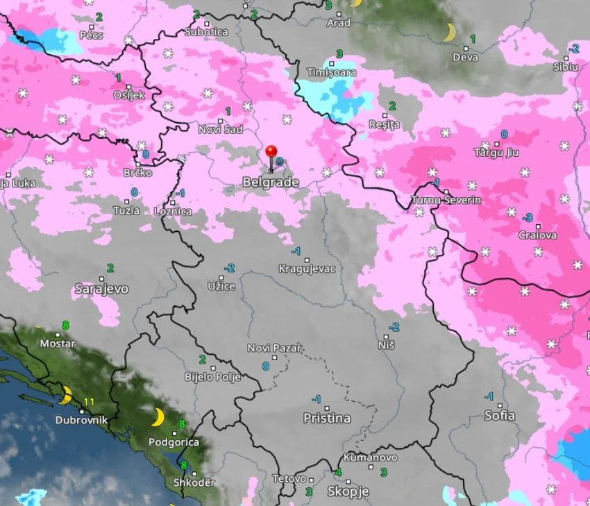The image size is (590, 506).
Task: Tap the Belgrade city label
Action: (x=271, y=183)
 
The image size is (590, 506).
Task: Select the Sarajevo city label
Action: (x=101, y=289)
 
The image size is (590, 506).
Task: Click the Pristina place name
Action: (x=327, y=418)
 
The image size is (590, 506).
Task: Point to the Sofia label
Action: (x=500, y=415)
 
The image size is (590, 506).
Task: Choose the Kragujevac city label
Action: (x=307, y=269)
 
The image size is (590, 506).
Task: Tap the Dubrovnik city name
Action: (x=82, y=420)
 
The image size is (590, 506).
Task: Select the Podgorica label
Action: (x=174, y=442)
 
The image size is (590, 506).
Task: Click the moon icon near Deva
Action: (x=449, y=32)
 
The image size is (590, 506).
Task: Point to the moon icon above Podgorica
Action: (x=158, y=417)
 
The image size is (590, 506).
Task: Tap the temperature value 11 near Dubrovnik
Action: (x=89, y=402)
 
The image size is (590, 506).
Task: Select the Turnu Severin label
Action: (x=446, y=200)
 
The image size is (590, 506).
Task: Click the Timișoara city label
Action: (x=332, y=72)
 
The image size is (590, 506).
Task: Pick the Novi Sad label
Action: (x=221, y=130)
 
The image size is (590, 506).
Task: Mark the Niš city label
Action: (x=387, y=345)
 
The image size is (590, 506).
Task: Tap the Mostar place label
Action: (x=58, y=343)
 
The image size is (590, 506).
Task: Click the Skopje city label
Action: (x=348, y=491)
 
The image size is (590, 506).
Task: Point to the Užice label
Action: (x=221, y=286)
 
